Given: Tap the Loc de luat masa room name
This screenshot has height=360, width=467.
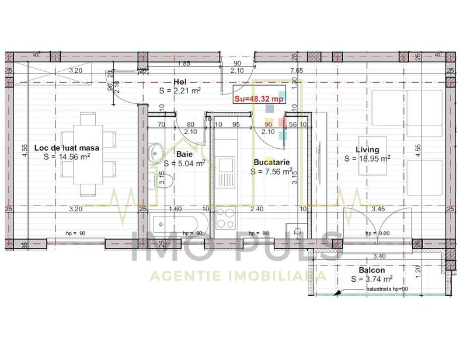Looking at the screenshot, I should click(x=67, y=148).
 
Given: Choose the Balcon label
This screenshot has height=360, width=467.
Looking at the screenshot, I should click(x=372, y=271).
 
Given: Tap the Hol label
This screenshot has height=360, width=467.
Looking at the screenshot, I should click(x=180, y=82).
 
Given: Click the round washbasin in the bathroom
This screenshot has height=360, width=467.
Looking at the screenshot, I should click(x=155, y=153).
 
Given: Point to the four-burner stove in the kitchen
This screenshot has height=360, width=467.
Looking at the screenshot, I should click(x=225, y=221).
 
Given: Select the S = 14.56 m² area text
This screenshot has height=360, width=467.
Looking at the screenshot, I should click(x=67, y=156).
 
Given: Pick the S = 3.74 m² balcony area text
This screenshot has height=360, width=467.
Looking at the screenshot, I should click(x=372, y=279).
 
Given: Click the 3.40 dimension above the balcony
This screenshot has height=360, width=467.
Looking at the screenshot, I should click(x=378, y=256).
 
